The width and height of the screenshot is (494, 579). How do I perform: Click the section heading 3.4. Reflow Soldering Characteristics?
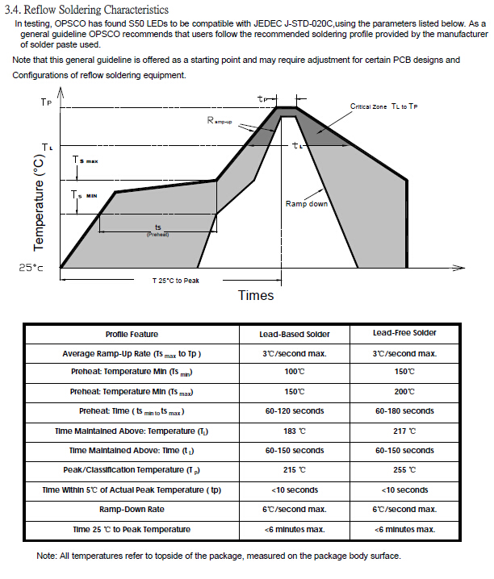pos(86,10)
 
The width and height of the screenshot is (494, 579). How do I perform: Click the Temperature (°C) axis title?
pos(38,202)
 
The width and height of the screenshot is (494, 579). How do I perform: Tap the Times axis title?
pos(256,295)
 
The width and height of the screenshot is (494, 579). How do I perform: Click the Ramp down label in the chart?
pos(307,204)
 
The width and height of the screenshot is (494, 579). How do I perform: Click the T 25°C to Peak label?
pos(177,281)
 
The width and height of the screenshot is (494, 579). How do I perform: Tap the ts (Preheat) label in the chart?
pos(157,229)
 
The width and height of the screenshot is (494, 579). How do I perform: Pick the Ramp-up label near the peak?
pos(220,120)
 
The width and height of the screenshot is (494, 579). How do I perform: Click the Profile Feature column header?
pos(132,334)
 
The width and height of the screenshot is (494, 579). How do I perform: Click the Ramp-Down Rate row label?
pos(132,510)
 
